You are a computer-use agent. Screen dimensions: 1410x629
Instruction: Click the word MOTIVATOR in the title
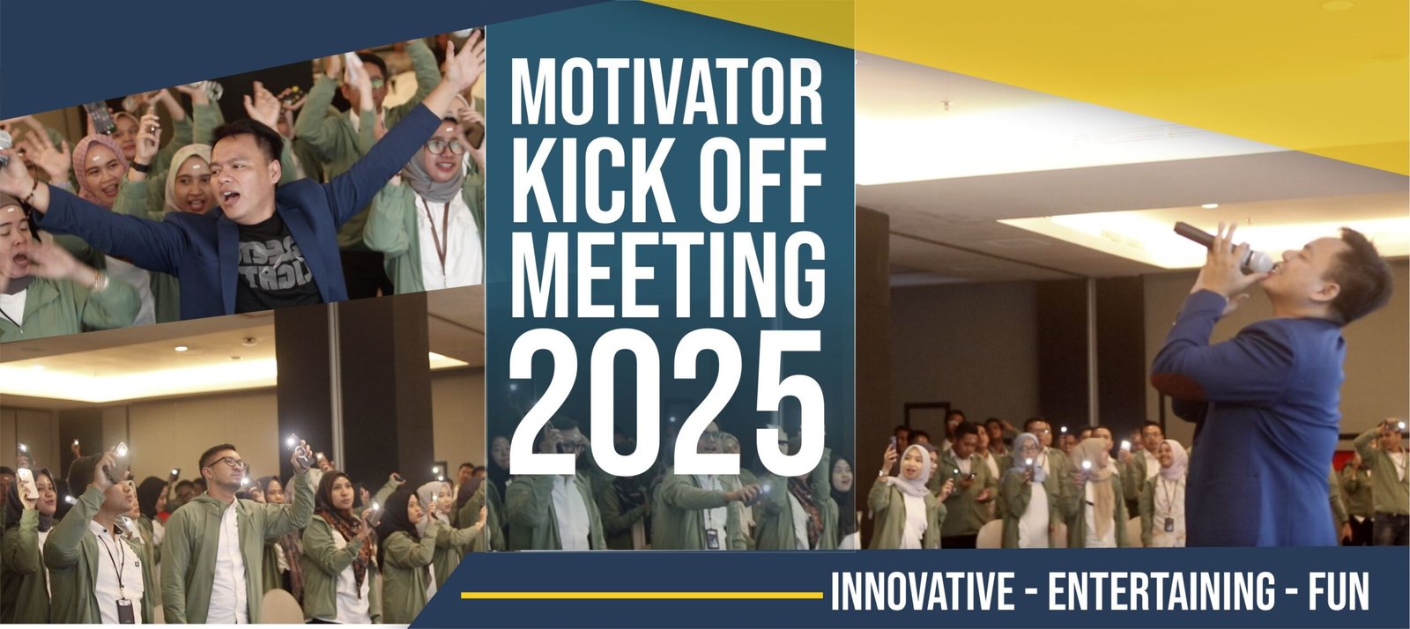point(666,92)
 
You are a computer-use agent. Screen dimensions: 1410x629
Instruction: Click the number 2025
point(667,403)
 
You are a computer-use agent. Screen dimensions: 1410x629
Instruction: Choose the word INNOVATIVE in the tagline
point(923,590)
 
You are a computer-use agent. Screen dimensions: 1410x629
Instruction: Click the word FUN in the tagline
point(1339,590)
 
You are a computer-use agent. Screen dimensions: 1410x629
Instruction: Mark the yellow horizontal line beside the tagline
point(642,595)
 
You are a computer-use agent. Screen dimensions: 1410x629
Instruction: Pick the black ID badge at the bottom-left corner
point(124,610)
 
